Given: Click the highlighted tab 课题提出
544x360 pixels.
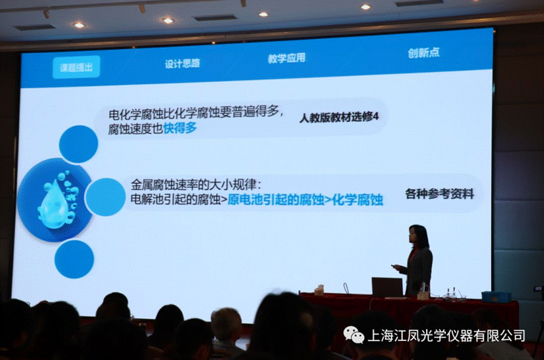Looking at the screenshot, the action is coord(77,67).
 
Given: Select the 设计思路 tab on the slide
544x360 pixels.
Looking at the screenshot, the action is coord(183,63).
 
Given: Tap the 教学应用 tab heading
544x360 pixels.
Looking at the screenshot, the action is coord(287,58).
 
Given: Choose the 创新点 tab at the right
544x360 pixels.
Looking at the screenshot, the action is coord(424,53).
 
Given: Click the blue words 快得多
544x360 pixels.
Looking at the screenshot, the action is coord(180,128).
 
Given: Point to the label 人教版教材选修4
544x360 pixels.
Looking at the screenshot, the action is coord(339,117).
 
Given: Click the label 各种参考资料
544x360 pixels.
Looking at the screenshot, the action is coord(439,194).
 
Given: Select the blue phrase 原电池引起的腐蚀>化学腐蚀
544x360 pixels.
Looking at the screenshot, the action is coord(305,200).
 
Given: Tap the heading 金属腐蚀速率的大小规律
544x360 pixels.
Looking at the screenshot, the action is coord(196,184).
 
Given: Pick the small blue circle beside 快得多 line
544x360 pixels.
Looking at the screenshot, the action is coord(79,144).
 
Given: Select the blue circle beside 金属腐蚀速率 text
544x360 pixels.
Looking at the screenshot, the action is coord(105,197).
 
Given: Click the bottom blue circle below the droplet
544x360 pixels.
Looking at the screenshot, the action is coord(74,259).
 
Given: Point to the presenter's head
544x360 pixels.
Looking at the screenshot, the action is coord(419,236).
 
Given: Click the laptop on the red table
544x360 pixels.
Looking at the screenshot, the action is coord(387,287).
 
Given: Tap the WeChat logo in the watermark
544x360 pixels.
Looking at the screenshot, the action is coord(354,334).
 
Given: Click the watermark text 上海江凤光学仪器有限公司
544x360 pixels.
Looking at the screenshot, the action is coord(446,335).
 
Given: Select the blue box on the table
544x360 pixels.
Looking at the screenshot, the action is coord(496,297).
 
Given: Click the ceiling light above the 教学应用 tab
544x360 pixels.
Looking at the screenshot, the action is coord(263,14).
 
